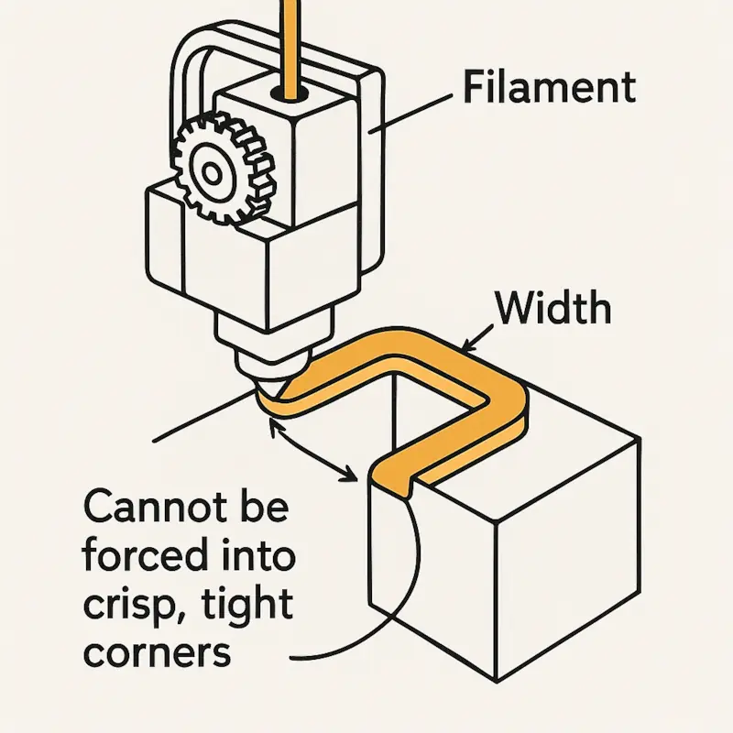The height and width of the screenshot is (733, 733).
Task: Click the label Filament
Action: (549, 89)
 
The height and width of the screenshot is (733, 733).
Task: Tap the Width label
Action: (552, 309)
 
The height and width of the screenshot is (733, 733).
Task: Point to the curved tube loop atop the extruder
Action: (188, 73)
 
